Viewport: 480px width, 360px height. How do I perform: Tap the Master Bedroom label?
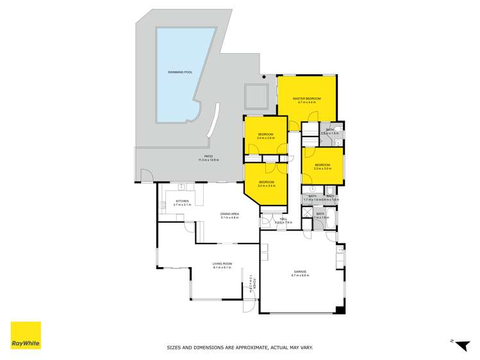tap(306, 98)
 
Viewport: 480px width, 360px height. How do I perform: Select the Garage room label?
tap(299, 272)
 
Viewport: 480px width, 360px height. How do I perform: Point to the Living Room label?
tap(222, 263)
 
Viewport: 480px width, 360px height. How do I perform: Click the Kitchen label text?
tap(183, 201)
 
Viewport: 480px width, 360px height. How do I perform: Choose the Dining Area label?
tap(229, 213)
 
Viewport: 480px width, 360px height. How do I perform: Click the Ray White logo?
tap(26, 336)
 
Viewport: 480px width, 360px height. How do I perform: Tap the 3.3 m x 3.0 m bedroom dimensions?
tap(322, 168)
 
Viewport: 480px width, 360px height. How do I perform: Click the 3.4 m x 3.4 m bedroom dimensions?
tap(266, 186)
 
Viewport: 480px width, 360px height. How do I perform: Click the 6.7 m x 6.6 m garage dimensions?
tap(299, 275)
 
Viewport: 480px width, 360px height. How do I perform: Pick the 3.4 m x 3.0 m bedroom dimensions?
tap(265, 138)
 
